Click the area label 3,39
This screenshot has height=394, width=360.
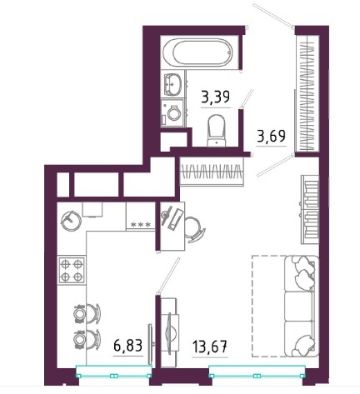(x=216, y=97)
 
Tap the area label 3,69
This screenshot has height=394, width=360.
(x=272, y=136)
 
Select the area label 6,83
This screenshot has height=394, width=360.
(x=128, y=346)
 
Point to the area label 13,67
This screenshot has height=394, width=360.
(x=210, y=347)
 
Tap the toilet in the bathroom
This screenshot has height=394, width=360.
(x=217, y=130)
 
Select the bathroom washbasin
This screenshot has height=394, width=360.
(x=172, y=83)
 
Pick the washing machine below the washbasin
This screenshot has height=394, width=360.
(x=172, y=113)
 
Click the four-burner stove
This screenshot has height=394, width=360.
(x=72, y=270)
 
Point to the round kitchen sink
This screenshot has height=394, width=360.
(x=71, y=222)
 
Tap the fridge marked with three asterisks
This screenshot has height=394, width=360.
(x=140, y=216)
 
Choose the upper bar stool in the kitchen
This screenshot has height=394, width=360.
(x=87, y=313)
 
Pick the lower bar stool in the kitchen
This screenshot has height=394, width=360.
(x=87, y=339)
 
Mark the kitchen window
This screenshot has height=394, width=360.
(x=114, y=372)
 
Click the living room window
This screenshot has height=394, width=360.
(x=257, y=372)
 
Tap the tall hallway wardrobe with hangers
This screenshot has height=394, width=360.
(x=307, y=93)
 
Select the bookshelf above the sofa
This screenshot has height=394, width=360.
(x=310, y=209)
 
